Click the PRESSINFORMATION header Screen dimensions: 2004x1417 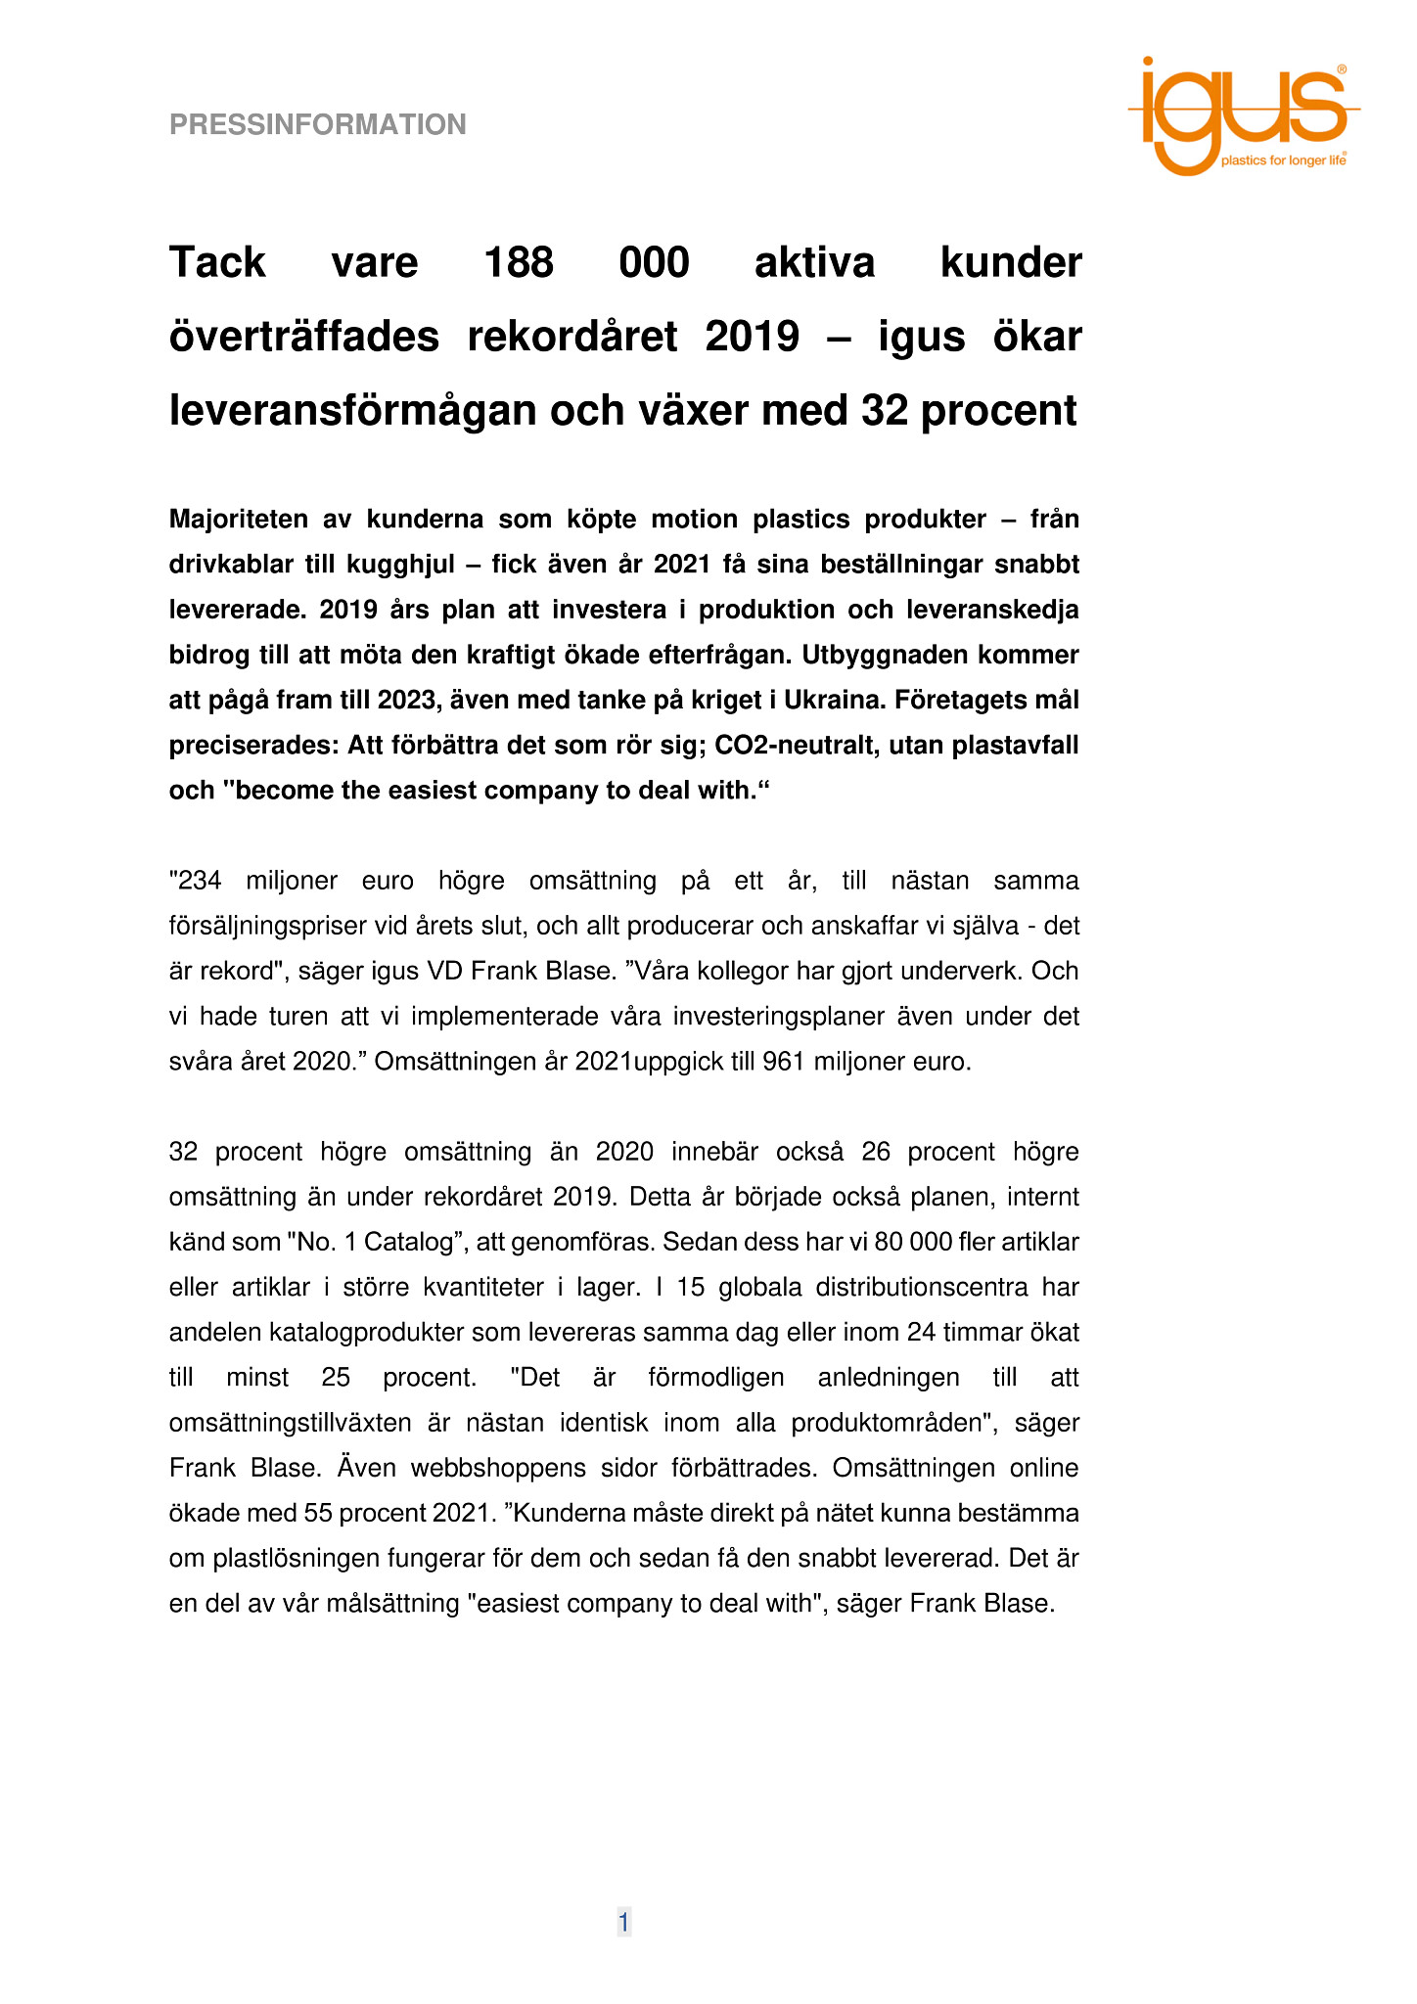[x=317, y=125]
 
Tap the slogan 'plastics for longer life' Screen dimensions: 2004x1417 [x=1283, y=160]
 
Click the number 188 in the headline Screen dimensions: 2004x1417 [x=519, y=262]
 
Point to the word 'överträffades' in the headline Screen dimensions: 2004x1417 [x=303, y=337]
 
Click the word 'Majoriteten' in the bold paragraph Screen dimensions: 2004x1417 [x=239, y=520]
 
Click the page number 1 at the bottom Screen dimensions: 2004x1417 [x=623, y=1923]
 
